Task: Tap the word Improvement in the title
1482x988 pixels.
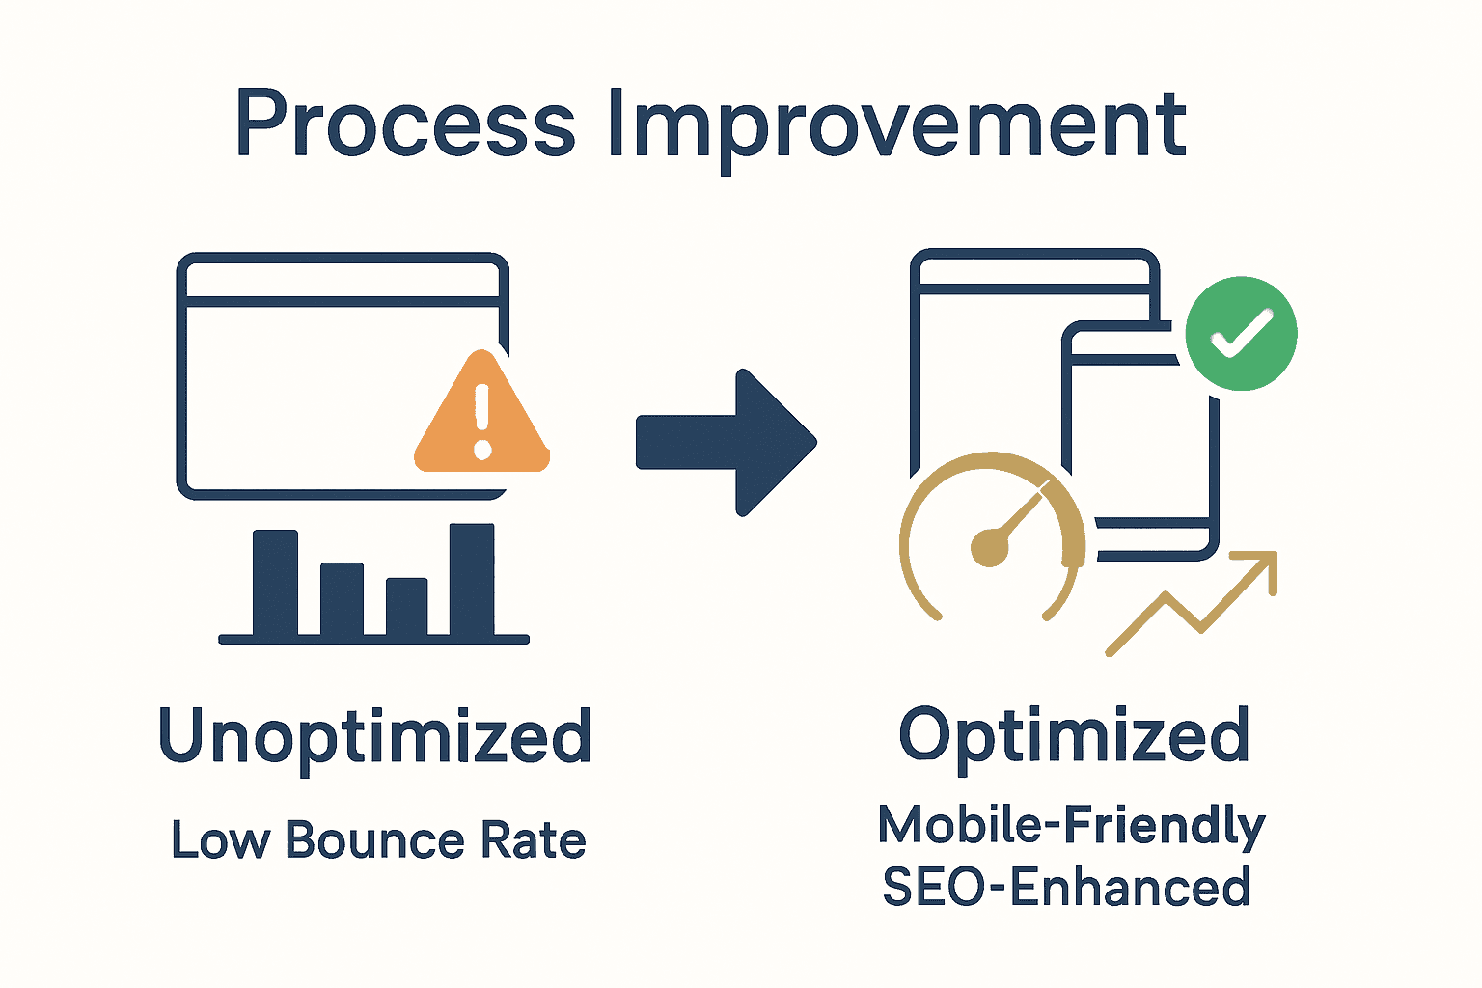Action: pyautogui.click(x=897, y=125)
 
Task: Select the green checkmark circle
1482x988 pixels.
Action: pyautogui.click(x=1241, y=334)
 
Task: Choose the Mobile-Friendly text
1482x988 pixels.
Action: pyautogui.click(x=1071, y=826)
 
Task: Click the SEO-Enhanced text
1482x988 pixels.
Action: pyautogui.click(x=1066, y=888)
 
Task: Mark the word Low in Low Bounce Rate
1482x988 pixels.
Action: pyautogui.click(x=220, y=840)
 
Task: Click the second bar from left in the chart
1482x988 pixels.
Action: pyautogui.click(x=342, y=598)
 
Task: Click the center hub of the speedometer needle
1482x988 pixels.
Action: pyautogui.click(x=989, y=547)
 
